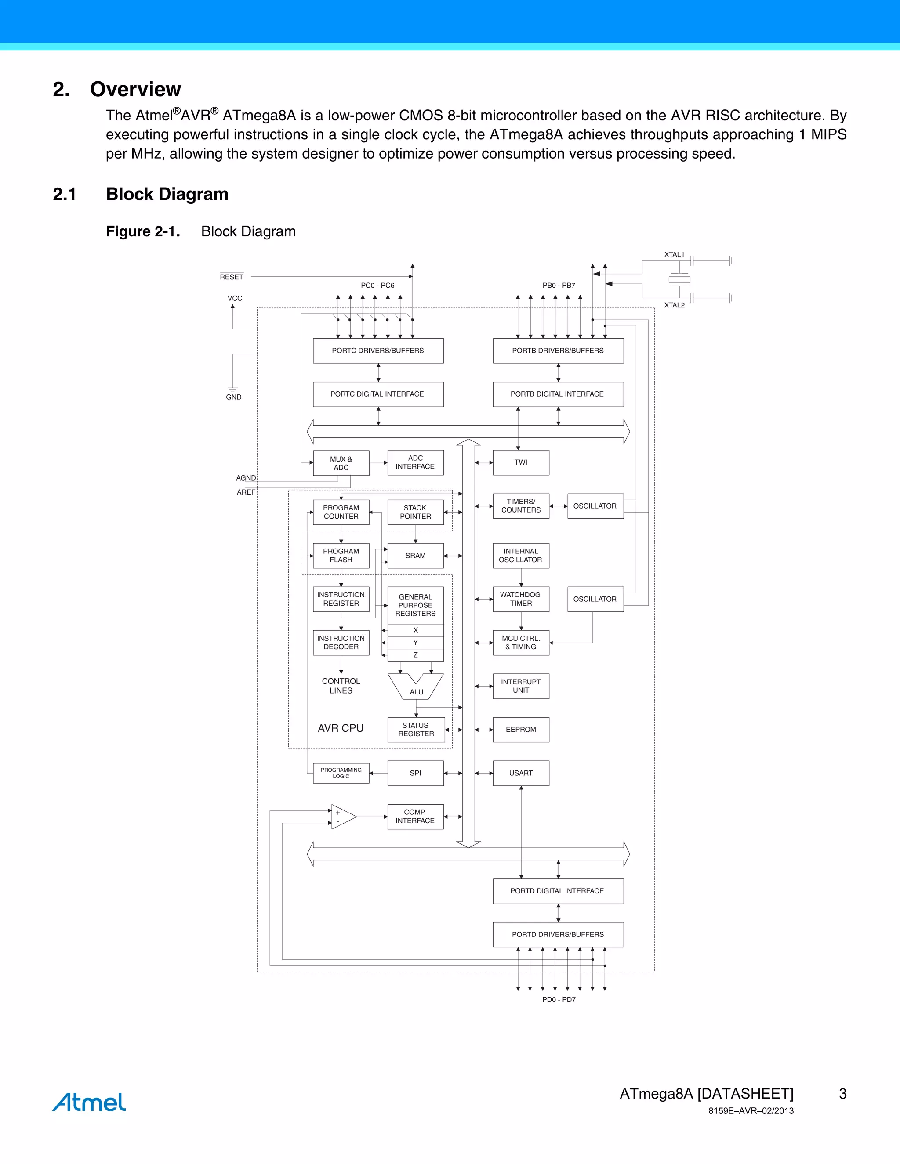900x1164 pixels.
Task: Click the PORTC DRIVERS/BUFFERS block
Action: click(x=378, y=351)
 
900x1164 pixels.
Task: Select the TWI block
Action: click(x=521, y=463)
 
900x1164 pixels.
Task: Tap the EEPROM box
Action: click(x=521, y=730)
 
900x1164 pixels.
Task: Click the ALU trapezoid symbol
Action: click(x=416, y=687)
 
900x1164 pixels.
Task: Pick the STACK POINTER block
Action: click(x=415, y=512)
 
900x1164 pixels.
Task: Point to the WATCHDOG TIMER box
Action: click(x=521, y=599)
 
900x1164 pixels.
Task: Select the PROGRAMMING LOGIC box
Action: click(x=341, y=773)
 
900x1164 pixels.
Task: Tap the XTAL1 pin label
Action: click(x=674, y=255)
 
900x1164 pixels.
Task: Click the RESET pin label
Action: click(x=232, y=277)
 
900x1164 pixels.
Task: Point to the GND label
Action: click(x=233, y=397)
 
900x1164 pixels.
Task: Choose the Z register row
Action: click(x=415, y=655)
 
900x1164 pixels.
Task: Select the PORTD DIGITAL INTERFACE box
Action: click(x=558, y=891)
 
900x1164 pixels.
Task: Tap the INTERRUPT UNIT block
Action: click(x=521, y=686)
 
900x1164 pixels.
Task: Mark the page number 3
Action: click(x=842, y=1094)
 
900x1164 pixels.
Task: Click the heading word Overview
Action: click(x=135, y=89)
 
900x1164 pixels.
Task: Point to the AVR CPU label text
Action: click(x=341, y=728)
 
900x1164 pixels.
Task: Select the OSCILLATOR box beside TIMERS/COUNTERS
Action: click(x=595, y=506)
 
